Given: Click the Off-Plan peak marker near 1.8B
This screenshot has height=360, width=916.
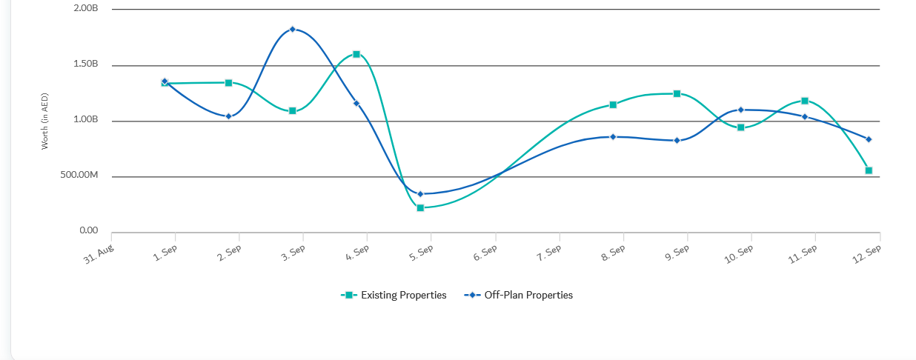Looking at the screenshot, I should (293, 29).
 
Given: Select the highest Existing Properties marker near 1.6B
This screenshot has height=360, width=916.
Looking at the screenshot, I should (356, 54).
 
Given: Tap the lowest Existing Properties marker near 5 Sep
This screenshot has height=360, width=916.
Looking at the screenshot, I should (420, 208).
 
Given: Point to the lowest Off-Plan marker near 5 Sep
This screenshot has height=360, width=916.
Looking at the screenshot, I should (420, 194).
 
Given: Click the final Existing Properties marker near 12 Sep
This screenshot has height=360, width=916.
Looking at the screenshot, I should (869, 170).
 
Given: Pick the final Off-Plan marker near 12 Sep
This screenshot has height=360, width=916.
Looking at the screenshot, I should (869, 139).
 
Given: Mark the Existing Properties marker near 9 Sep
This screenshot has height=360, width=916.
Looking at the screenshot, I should (677, 93).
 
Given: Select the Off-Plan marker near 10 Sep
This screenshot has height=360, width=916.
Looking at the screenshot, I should (740, 110).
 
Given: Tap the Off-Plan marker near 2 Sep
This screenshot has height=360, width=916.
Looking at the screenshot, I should (228, 116).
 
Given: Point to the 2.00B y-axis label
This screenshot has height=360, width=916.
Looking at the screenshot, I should (86, 8).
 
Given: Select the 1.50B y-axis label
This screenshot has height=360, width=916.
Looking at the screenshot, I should (86, 64).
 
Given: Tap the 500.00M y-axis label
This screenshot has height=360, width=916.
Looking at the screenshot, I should (79, 175).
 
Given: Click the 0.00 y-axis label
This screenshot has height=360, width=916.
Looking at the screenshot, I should (89, 230).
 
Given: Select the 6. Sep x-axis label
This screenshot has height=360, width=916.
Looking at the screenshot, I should (485, 253).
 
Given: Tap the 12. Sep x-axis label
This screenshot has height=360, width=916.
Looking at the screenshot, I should (868, 253).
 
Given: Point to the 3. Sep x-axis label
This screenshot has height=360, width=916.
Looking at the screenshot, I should (293, 253).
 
